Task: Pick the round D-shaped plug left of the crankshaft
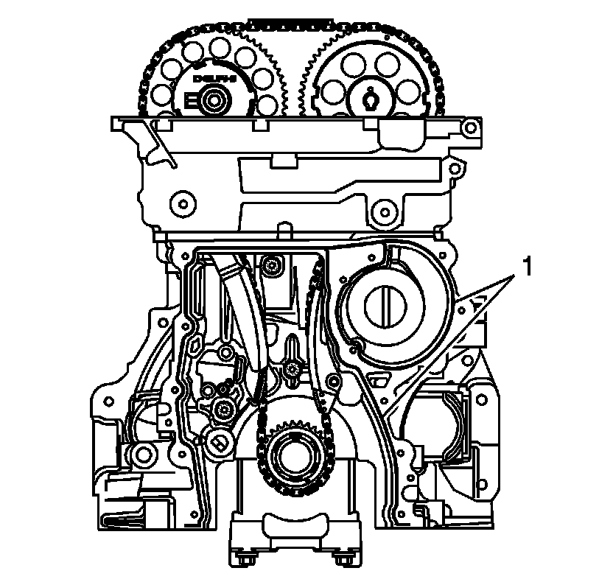click(218, 441)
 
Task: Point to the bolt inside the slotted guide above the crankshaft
click(293, 368)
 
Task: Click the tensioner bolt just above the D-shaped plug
click(223, 407)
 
